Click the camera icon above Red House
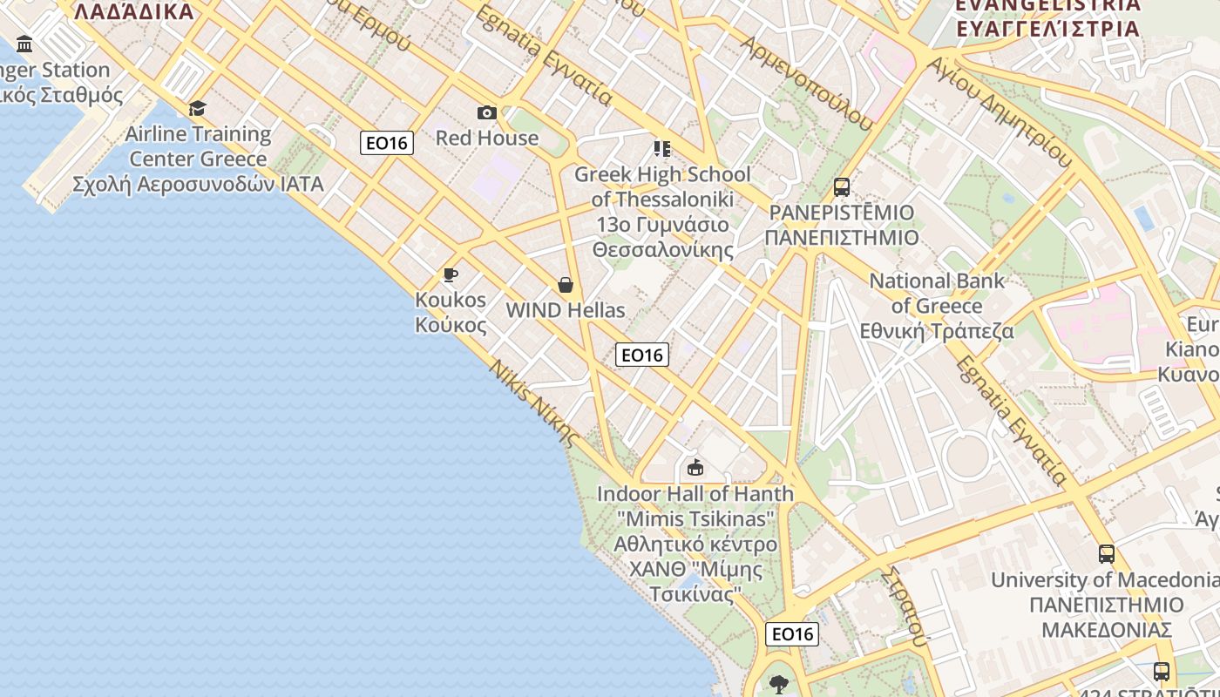[x=487, y=113]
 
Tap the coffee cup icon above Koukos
[x=451, y=275]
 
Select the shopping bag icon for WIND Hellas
[x=566, y=285]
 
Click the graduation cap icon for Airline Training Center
[x=198, y=109]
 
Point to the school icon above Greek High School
[x=662, y=149]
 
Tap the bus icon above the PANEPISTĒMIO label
[x=842, y=187]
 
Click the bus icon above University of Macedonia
[x=1107, y=554]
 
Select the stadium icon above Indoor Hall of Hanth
[x=695, y=469]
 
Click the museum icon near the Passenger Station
[x=24, y=44]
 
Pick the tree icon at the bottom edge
[x=779, y=685]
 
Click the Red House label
[x=487, y=138]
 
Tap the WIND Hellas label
[x=566, y=310]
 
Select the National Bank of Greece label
[x=937, y=306]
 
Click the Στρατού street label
[x=902, y=607]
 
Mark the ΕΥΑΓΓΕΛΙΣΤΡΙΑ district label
[x=1047, y=28]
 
